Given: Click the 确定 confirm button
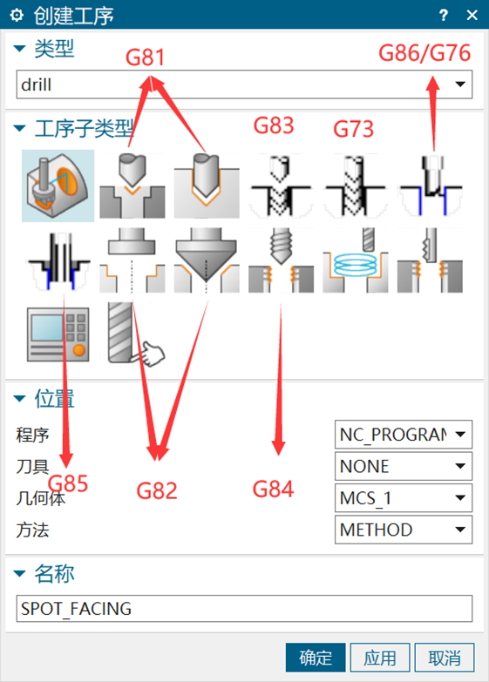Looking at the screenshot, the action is (316, 658).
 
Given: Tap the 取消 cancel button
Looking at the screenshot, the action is (445, 658).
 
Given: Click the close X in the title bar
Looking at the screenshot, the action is (472, 15).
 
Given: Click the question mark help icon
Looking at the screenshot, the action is (444, 15).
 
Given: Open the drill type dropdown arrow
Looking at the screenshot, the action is (460, 84).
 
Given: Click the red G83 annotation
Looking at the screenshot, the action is (274, 125).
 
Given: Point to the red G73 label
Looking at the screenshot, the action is (353, 129).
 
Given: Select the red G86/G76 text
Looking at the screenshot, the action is (424, 53).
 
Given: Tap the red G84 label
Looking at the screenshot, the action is (274, 489).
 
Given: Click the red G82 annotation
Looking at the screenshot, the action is (157, 491).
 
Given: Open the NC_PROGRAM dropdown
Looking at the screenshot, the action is (404, 434).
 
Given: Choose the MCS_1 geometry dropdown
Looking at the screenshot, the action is (404, 497).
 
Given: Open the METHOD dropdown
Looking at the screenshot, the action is (404, 530).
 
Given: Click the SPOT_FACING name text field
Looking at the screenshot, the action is (244, 608).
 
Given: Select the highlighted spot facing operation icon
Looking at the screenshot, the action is (58, 186).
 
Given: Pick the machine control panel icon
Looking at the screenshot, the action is (58, 334).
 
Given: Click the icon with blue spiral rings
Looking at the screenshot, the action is (356, 260).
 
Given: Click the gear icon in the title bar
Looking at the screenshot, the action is (17, 15).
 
